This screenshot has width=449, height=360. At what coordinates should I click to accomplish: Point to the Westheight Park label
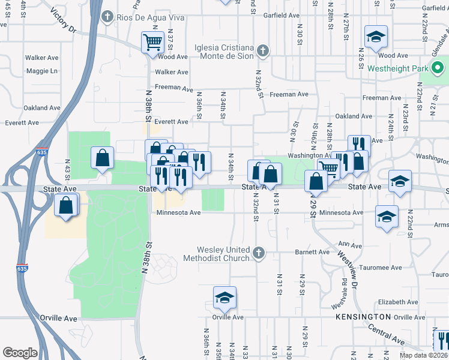point(398,68)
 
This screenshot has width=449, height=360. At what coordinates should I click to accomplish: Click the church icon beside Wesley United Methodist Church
point(259,252)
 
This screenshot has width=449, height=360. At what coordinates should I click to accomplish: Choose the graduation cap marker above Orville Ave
point(224,297)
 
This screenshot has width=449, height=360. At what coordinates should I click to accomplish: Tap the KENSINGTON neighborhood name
point(363,316)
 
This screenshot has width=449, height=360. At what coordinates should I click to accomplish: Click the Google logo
point(20,353)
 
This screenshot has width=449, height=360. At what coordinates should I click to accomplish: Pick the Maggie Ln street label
point(41,71)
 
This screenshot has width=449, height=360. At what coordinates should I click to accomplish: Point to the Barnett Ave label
point(312,253)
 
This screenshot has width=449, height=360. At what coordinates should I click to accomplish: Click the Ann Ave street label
point(351,245)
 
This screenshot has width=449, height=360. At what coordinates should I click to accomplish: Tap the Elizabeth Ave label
point(394,302)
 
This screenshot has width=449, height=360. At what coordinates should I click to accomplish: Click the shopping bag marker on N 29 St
point(316,180)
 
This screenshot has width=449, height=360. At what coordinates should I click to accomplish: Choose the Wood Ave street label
point(174,56)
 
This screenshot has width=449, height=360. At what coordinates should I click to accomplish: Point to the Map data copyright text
point(424,356)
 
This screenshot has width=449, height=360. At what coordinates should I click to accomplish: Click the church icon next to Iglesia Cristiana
point(262,50)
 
